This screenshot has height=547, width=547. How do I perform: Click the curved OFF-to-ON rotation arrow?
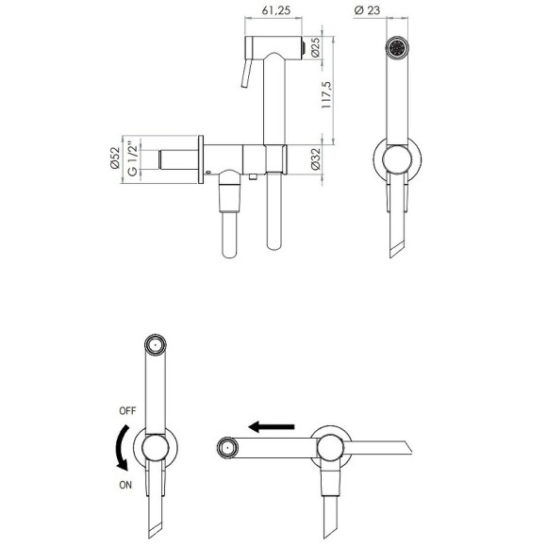tap(118, 446)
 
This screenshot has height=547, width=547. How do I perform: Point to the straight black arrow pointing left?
tap(274, 426)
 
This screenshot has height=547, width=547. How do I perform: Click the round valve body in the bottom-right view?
tap(333, 445)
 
